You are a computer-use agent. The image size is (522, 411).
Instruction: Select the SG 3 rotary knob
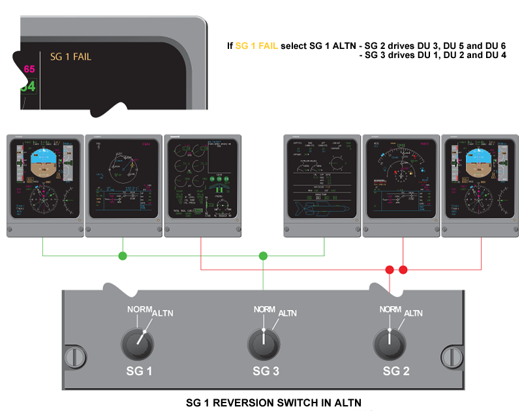point(264,342)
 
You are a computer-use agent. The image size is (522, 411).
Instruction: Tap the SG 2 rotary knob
point(389,342)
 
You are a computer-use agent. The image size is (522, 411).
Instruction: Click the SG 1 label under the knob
point(139,371)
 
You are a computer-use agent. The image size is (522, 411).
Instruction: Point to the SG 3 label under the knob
point(266,371)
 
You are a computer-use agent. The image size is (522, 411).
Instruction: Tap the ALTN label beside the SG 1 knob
point(163,314)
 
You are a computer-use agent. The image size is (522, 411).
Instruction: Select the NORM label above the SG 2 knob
point(390,309)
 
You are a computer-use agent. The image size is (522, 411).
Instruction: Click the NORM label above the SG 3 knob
point(264,309)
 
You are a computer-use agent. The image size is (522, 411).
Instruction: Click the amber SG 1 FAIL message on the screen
point(70,57)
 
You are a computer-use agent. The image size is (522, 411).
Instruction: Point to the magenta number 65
point(29,69)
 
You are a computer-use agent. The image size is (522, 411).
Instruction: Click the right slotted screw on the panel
point(450,357)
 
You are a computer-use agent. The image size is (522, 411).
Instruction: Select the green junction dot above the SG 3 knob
point(264,256)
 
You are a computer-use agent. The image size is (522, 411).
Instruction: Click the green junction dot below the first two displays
point(122,256)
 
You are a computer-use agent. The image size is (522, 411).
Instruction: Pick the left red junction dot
point(390,269)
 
